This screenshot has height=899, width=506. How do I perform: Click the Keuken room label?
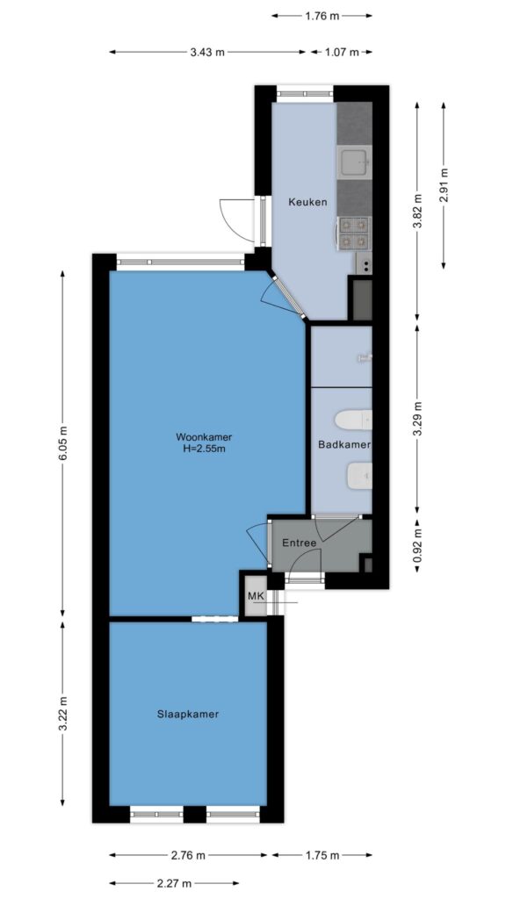click(x=307, y=202)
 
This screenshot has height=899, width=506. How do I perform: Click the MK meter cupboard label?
click(x=256, y=596)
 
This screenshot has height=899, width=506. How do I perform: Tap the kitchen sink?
click(x=354, y=162)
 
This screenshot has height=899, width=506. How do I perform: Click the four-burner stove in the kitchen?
click(x=353, y=233)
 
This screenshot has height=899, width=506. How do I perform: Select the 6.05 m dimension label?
click(x=63, y=442)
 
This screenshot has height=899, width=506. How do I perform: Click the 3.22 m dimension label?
click(x=63, y=713)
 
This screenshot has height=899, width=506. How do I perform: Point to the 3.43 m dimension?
click(x=207, y=52)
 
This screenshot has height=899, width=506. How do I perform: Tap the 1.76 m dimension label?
click(x=322, y=16)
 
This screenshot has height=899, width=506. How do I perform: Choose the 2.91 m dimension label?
click(x=444, y=185)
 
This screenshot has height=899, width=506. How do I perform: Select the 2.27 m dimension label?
click(x=174, y=882)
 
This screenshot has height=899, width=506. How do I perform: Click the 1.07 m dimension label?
click(x=342, y=52)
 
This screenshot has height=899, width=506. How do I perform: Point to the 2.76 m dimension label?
click(x=188, y=855)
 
